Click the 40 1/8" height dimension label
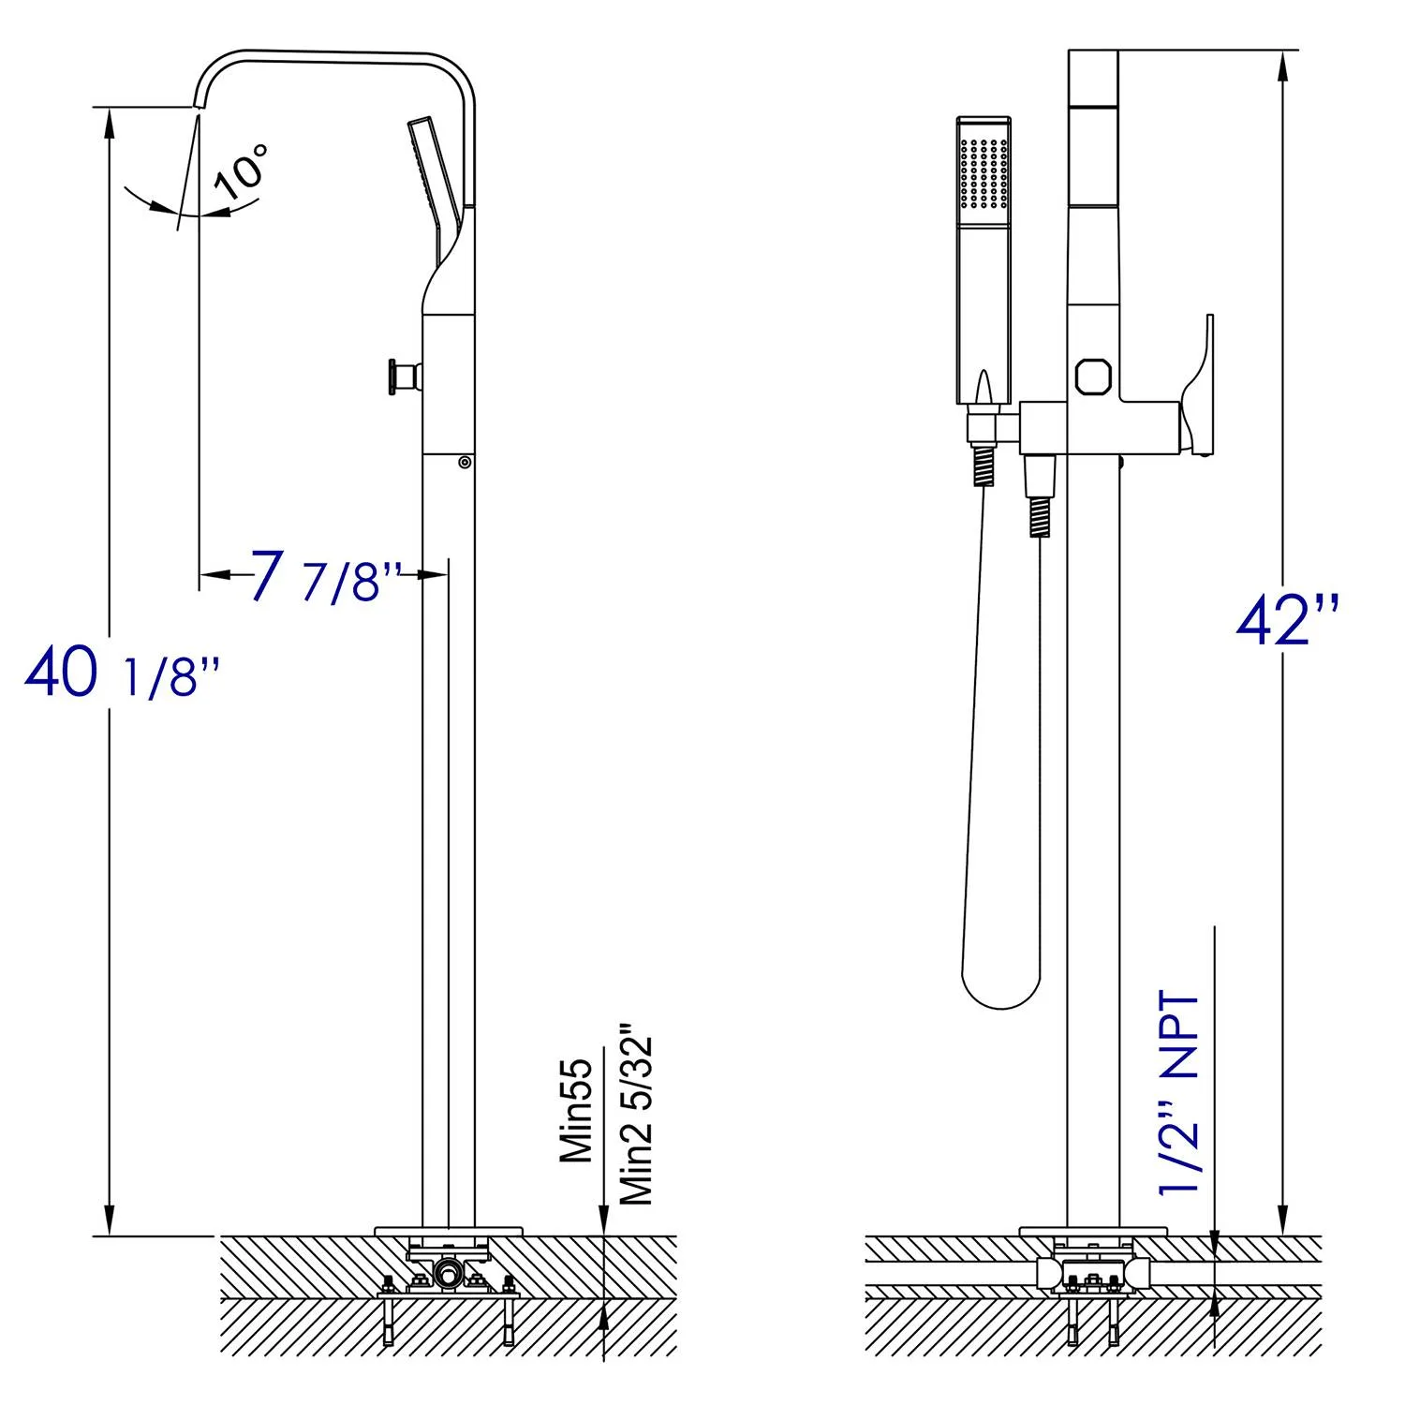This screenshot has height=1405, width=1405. click(x=122, y=673)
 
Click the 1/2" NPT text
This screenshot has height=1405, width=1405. click(x=1178, y=1092)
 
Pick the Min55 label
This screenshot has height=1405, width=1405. click(x=577, y=1110)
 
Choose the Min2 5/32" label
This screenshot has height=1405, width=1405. click(x=636, y=1119)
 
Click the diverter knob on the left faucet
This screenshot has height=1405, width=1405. click(x=400, y=375)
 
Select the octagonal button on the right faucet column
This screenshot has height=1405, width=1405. click(x=1093, y=377)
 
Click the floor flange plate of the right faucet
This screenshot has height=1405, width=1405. click(x=1093, y=1230)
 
